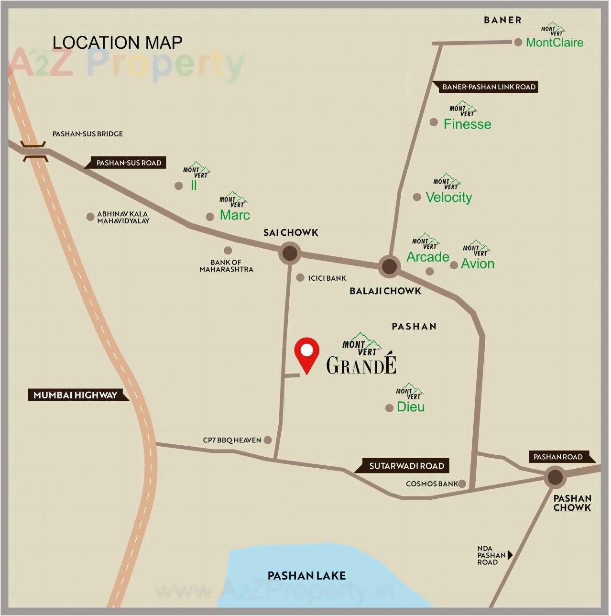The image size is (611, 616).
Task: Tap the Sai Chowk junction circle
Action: pyautogui.click(x=290, y=253)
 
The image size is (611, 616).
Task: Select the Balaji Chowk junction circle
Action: pyautogui.click(x=389, y=266)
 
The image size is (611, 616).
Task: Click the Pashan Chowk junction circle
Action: pyautogui.click(x=555, y=477)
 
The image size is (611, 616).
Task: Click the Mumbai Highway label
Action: pyautogui.click(x=76, y=395)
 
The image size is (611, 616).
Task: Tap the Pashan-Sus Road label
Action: pyautogui.click(x=129, y=163)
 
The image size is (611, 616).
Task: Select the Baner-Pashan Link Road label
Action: pyautogui.click(x=489, y=87)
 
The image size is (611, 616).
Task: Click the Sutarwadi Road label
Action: pyautogui.click(x=406, y=465)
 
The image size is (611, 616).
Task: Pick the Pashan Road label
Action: pyautogui.click(x=558, y=457)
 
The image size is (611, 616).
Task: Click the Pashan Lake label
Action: pyautogui.click(x=306, y=575)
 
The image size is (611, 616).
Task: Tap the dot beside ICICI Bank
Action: pyautogui.click(x=300, y=277)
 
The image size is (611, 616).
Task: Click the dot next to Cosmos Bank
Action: pyautogui.click(x=462, y=484)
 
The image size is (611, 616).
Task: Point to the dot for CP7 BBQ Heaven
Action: pyautogui.click(x=268, y=440)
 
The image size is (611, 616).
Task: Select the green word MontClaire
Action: pyautogui.click(x=555, y=43)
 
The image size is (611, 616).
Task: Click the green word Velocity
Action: pyautogui.click(x=448, y=197)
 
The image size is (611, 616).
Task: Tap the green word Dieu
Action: pyautogui.click(x=411, y=407)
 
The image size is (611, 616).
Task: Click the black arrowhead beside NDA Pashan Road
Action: pyautogui.click(x=510, y=555)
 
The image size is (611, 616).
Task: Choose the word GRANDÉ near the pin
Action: pyautogui.click(x=361, y=365)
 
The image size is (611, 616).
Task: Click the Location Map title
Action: pyautogui.click(x=117, y=43)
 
